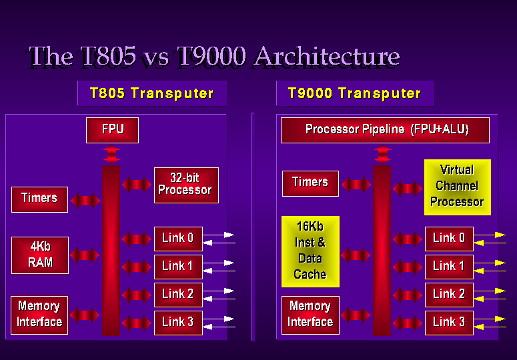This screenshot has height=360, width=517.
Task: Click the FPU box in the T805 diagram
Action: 113,130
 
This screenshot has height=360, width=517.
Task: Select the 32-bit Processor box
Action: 186,185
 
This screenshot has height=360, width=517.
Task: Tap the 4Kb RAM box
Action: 40,255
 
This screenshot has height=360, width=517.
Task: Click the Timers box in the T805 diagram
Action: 39,199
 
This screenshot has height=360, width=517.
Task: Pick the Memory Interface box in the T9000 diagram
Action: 310,315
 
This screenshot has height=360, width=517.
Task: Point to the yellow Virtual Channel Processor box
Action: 458,187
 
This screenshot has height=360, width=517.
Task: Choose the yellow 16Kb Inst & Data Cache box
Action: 310,251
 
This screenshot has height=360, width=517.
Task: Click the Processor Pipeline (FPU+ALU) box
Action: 385,130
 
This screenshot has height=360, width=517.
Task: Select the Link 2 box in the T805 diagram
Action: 178,295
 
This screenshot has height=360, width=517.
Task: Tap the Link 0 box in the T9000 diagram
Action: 449,239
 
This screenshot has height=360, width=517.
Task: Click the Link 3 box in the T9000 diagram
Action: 449,323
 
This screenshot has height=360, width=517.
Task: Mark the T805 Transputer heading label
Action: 152,93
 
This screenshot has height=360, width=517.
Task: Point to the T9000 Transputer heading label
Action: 355,93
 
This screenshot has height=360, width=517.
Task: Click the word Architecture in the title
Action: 327,57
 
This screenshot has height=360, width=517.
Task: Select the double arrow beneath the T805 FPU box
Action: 111,154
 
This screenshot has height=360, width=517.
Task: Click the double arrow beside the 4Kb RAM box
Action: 85,255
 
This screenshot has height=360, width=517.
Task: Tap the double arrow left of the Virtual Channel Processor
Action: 407,189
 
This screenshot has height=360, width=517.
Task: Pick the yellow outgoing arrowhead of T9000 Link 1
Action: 500,263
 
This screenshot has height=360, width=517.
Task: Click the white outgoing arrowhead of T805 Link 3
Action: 229,319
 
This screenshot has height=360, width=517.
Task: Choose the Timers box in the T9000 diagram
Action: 310,183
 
